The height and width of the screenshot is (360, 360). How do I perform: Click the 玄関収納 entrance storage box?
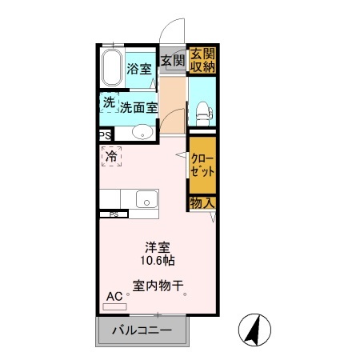click(x=202, y=60)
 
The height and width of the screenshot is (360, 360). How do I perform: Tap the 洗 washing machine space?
click(x=108, y=102)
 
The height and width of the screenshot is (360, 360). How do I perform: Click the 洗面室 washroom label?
click(x=138, y=105)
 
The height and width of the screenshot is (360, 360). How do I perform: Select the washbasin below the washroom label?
click(x=142, y=133)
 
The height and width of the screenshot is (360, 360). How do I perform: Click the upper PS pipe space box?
click(x=105, y=136)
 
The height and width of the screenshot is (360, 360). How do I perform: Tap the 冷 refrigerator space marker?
click(x=111, y=157)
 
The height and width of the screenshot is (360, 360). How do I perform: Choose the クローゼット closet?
click(x=202, y=165)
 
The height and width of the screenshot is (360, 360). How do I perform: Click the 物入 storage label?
click(x=202, y=203)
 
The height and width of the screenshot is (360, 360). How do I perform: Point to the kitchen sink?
click(x=147, y=198)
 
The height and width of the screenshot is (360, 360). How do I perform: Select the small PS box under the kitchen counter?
click(x=113, y=214)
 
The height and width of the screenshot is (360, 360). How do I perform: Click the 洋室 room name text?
click(x=158, y=246)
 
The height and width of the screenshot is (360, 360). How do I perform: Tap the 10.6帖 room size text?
click(x=159, y=260)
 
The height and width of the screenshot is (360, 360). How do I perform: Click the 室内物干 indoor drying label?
click(x=159, y=284)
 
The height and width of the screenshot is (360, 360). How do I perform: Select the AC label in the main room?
click(x=113, y=296)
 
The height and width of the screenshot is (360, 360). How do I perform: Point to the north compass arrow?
click(x=256, y=329)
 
